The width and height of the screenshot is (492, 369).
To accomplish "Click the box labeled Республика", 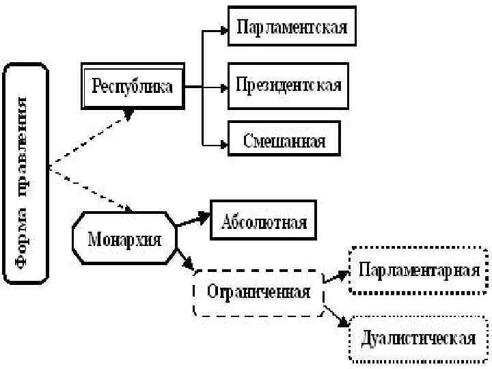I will pyautogui.click(x=133, y=86).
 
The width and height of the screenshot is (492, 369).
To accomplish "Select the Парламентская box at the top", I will pyautogui.click(x=292, y=28).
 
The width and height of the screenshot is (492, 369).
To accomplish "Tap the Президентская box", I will pyautogui.click(x=288, y=86).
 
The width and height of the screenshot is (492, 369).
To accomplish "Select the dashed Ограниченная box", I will pyautogui.click(x=258, y=292).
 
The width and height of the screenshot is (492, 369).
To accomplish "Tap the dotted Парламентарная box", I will pyautogui.click(x=418, y=270).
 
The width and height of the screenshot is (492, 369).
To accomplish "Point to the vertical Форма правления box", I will pyautogui.click(x=25, y=173).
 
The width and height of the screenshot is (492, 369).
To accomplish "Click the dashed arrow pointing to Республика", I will pyautogui.click(x=89, y=140).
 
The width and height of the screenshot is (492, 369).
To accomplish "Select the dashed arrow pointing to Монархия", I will pyautogui.click(x=89, y=188).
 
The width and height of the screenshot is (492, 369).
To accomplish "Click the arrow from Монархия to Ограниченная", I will pyautogui.click(x=186, y=260).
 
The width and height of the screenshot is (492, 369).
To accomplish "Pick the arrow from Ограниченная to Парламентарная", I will pyautogui.click(x=336, y=275).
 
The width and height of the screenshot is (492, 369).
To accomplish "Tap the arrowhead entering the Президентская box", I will pyautogui.click(x=223, y=87).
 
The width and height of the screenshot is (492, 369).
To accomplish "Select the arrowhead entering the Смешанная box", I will pyautogui.click(x=223, y=143).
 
